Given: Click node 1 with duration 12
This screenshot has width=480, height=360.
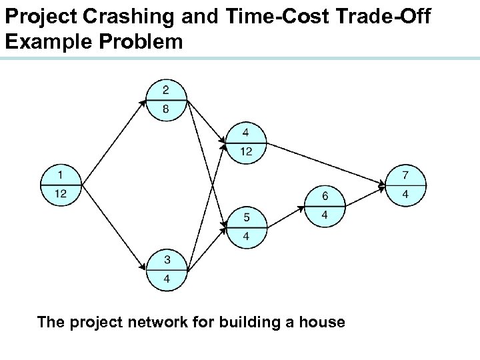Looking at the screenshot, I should click(61, 184).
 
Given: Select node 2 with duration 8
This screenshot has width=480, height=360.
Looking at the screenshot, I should click(165, 101).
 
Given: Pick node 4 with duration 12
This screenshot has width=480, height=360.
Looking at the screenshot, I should click(245, 142).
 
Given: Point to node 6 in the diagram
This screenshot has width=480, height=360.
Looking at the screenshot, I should click(325, 205).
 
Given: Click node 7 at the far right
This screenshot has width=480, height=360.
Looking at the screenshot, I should click(405, 185).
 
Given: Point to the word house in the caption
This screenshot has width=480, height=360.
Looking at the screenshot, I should click(323, 323).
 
